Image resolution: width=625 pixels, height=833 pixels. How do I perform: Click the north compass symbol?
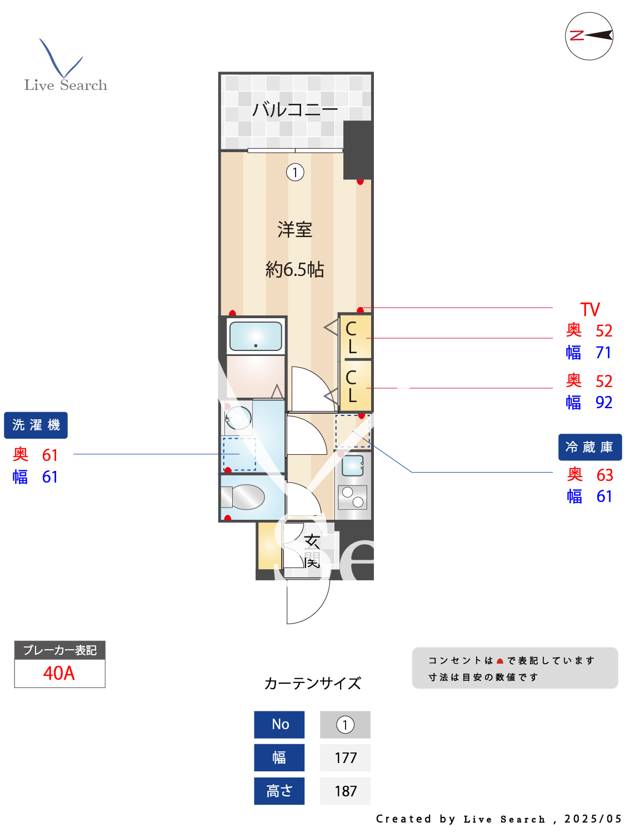tap(589, 36)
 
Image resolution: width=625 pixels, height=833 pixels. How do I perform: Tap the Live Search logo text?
tap(66, 85)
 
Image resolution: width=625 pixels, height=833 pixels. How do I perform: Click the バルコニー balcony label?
tap(295, 109)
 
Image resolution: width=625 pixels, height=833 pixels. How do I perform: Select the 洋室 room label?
tap(295, 229)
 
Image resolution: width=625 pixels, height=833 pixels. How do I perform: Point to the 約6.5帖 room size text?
tap(295, 269)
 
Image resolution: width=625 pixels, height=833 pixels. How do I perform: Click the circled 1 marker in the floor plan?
tap(295, 172)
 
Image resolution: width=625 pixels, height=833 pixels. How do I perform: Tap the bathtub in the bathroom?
tap(256, 336)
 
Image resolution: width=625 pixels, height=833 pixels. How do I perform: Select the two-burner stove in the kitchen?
tap(353, 497)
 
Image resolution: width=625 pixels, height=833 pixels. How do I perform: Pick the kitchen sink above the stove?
tap(353, 465)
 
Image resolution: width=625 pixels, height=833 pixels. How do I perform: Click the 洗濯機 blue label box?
tap(36, 425)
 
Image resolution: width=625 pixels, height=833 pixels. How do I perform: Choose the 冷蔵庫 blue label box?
tap(589, 447)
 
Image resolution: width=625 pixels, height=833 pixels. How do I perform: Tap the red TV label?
tap(590, 309)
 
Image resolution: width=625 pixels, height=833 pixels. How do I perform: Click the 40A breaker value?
tap(59, 673)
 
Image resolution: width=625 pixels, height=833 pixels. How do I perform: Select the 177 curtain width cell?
tap(345, 757)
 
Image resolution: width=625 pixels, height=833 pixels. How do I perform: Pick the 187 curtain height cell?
tap(345, 791)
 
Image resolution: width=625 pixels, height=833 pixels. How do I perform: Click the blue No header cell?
tap(279, 724)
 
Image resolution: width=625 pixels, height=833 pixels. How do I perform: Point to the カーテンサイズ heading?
tap(312, 683)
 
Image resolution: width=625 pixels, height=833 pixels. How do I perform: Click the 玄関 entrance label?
tap(312, 550)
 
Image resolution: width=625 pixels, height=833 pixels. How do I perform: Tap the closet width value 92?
tap(604, 402)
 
